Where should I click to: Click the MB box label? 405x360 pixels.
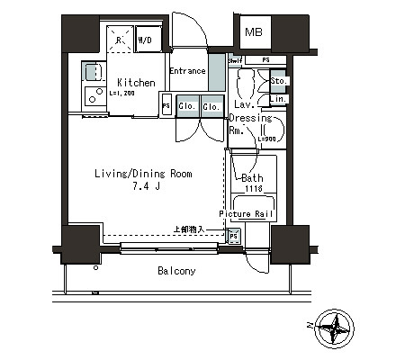pyautogui.click(x=253, y=34)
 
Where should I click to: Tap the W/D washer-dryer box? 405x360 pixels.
pyautogui.click(x=146, y=40)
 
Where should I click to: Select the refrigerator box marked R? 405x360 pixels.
pyautogui.click(x=121, y=40)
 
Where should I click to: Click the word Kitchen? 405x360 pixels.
pyautogui.click(x=136, y=83)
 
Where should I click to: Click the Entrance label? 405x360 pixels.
pyautogui.click(x=187, y=71)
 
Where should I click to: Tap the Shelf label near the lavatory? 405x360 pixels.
pyautogui.click(x=234, y=60)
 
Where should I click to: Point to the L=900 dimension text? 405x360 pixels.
pyautogui.click(x=267, y=138)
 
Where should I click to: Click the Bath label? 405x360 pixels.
pyautogui.click(x=253, y=177)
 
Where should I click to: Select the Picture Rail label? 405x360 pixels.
pyautogui.click(x=251, y=214)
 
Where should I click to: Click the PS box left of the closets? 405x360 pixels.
pyautogui.click(x=166, y=106)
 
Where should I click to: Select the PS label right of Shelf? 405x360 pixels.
pyautogui.click(x=265, y=60)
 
